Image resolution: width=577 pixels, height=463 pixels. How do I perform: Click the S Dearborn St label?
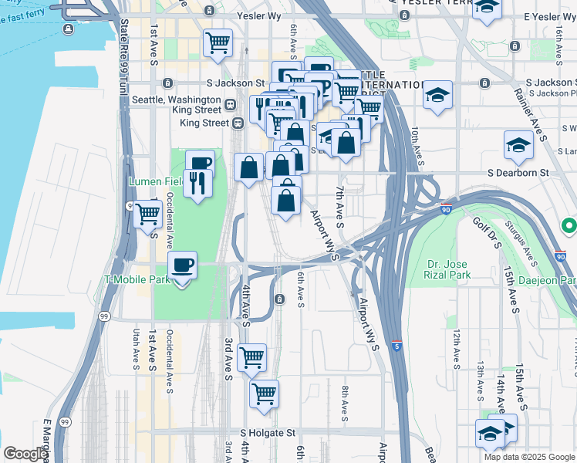click(516, 174)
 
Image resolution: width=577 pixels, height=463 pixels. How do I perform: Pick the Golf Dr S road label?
click(488, 235)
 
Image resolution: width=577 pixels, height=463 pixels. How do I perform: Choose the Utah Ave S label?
click(137, 348)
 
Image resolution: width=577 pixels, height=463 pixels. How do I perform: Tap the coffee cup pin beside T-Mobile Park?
click(182, 266)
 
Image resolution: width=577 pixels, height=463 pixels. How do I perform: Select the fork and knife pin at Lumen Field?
click(198, 183)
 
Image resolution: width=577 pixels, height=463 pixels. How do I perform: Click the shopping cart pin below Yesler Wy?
click(218, 42)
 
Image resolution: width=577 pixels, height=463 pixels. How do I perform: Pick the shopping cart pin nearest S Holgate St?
click(264, 393)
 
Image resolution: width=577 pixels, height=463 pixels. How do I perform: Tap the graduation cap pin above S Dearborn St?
click(518, 145)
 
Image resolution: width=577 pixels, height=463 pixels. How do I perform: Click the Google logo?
click(25, 454)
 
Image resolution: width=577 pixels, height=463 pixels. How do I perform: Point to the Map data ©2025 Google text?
click(528, 457)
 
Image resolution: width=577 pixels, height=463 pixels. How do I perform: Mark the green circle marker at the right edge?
click(569, 226)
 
